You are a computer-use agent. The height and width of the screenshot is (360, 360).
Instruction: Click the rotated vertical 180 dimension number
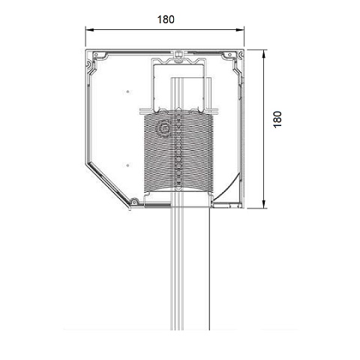coord(277,120)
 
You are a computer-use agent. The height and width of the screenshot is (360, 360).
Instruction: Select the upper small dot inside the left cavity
coord(128,91)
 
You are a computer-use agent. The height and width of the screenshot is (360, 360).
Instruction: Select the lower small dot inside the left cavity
coord(128,164)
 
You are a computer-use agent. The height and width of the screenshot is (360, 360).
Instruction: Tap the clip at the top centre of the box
coord(179,54)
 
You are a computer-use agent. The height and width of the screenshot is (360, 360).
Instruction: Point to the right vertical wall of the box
coord(244,135)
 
